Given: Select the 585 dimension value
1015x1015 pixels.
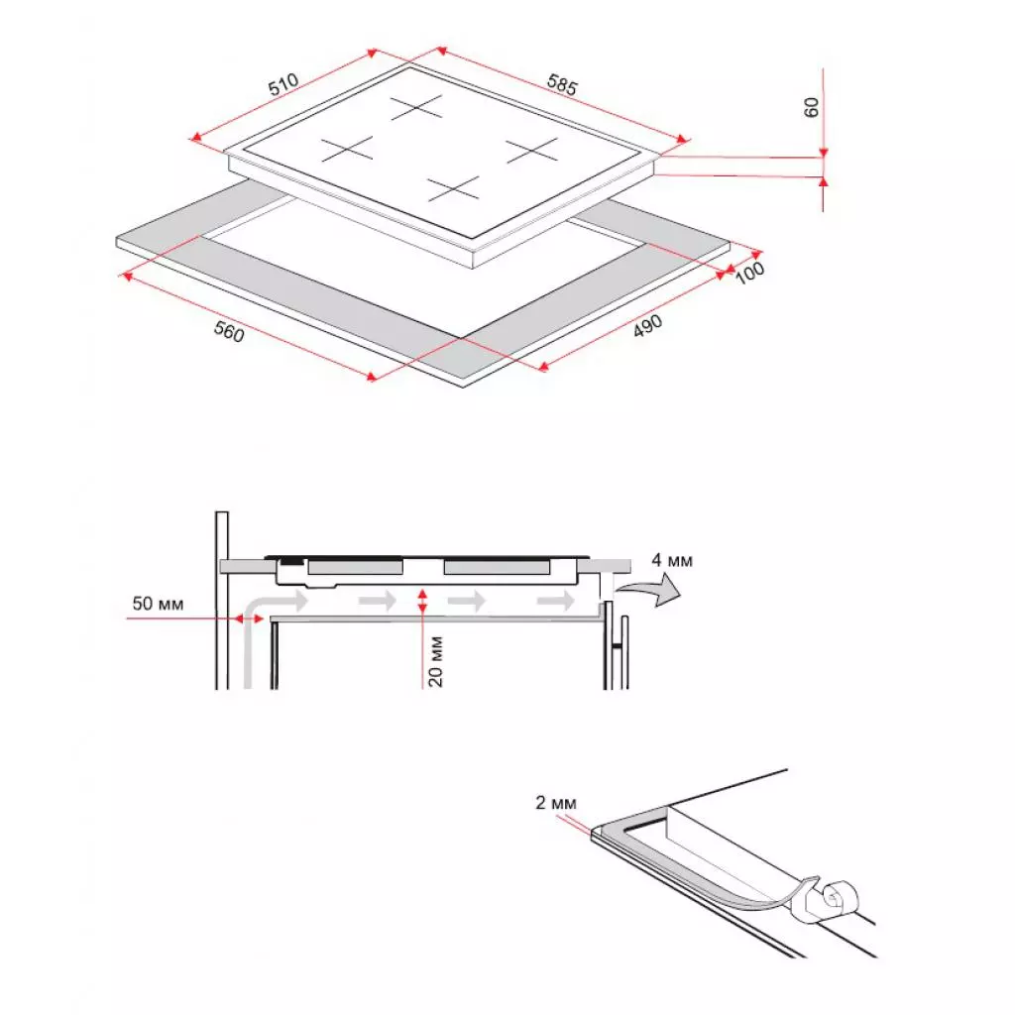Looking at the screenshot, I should pyautogui.click(x=561, y=85).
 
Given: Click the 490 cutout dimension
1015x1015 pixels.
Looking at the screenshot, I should pyautogui.click(x=647, y=329).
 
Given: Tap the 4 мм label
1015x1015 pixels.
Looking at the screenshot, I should pyautogui.click(x=672, y=561).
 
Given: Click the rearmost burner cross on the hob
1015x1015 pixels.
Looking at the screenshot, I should pyautogui.click(x=415, y=107).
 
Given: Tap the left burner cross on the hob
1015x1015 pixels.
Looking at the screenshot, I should pyautogui.click(x=346, y=150).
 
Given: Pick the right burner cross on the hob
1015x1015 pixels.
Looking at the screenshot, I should pyautogui.click(x=532, y=150).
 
